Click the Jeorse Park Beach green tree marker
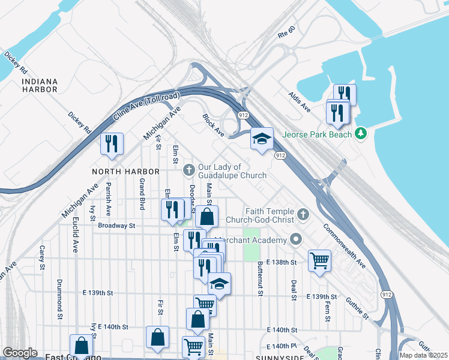pyautogui.click(x=361, y=133)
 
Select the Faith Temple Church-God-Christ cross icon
pyautogui.click(x=304, y=214)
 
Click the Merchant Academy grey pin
pyautogui.click(x=295, y=241)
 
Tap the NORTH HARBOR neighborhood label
pyautogui.click(x=126, y=172)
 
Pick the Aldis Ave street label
pyautogui.click(x=299, y=102)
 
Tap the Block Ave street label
pyautogui.click(x=213, y=125)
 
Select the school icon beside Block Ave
pyautogui.click(x=262, y=139)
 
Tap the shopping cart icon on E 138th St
pyautogui.click(x=319, y=261)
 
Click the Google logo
pyautogui.click(x=20, y=353)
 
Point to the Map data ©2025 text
pyautogui.click(x=424, y=355)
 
